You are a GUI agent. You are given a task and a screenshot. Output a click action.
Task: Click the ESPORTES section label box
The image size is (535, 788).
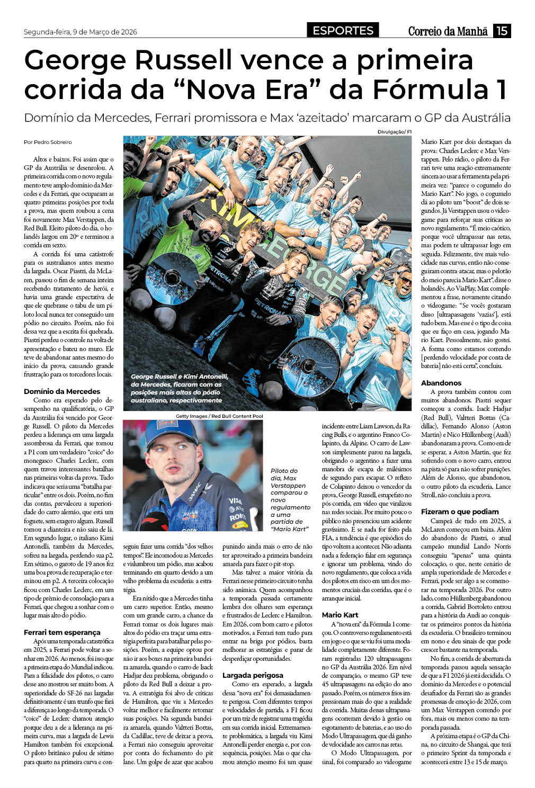click(343, 31)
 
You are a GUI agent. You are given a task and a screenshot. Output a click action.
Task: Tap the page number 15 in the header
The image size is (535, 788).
click(502, 31)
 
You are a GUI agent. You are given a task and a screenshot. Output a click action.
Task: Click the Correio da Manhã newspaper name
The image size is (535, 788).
click(448, 31)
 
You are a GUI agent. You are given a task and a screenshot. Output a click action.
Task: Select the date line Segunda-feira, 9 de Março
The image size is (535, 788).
click(80, 32)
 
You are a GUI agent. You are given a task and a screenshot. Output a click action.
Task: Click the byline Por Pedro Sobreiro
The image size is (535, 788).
click(48, 142)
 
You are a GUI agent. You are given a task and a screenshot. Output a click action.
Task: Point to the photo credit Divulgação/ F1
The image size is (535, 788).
click(394, 132)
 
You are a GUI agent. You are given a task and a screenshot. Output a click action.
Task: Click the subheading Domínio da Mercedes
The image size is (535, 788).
click(62, 391)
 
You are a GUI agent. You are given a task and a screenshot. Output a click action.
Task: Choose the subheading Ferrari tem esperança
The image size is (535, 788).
click(62, 632)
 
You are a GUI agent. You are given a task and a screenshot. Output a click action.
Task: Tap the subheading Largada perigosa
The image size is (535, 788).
click(253, 675)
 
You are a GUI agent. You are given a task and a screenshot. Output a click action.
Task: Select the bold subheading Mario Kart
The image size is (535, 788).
click(340, 615)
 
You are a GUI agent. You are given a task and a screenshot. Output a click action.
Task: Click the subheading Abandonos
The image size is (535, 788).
click(441, 383)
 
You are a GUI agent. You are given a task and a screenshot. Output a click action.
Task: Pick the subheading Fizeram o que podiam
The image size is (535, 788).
click(460, 512)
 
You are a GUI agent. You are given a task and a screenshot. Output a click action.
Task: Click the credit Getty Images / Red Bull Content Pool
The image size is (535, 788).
click(219, 416)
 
